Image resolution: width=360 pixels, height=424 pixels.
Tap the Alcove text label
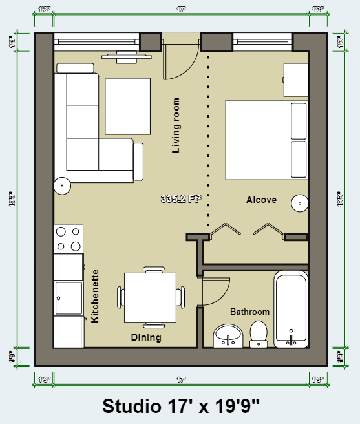tap(261, 200)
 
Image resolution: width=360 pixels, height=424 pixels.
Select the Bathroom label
tap(249, 312)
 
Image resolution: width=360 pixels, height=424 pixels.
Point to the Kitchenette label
tap(95, 296)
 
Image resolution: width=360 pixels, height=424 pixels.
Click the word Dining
tap(146, 337)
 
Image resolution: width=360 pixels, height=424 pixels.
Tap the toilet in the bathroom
tap(259, 332)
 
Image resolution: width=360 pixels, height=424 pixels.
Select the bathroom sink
tap(227, 334)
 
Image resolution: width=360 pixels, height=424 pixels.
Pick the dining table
tap(150, 297)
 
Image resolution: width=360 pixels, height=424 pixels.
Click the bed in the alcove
tap(265, 140)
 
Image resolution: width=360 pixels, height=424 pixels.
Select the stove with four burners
tap(69, 238)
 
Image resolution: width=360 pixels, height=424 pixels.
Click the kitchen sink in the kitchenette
tap(69, 298)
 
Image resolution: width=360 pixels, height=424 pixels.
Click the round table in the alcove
tap(300, 203)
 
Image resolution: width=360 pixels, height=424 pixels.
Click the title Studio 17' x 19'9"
tap(181, 406)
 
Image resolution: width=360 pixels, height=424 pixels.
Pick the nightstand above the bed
tap(296, 79)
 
